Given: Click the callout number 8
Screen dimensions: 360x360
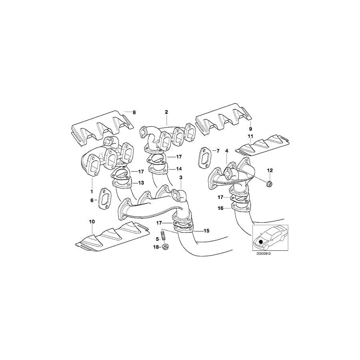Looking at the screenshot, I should point(134,112).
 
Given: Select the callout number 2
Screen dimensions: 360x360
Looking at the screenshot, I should point(166,112).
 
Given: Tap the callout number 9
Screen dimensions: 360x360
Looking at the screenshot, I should point(250,129).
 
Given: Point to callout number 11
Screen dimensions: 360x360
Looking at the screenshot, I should point(250,137).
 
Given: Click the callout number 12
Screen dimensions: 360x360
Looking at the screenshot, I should point(270,170).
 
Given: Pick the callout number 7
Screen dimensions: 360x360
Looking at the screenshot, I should point(218,151).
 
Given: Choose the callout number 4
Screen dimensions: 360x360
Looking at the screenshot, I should point(226,151).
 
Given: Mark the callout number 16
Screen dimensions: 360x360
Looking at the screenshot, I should point(220,208).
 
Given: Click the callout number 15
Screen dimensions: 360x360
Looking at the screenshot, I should point(207,231).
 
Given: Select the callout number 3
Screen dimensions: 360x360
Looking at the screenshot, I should point(181,177).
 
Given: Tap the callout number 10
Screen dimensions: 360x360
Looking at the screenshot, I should point(92,221).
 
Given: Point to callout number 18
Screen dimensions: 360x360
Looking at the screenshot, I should point(156,247).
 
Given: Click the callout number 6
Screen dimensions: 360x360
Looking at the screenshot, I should point(92,200).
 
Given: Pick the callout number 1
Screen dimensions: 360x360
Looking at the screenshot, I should point(92,191).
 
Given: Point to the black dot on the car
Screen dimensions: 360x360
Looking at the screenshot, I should point(261,242).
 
